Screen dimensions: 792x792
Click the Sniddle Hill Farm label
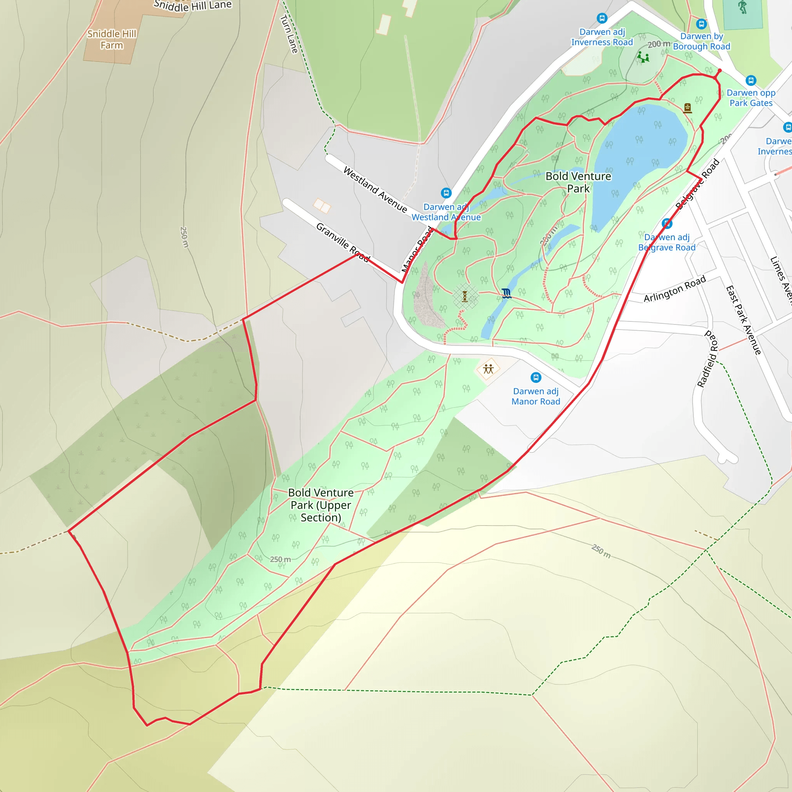[x=111, y=39]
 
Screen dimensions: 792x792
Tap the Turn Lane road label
[x=288, y=34]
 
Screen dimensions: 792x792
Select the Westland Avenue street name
[x=375, y=189]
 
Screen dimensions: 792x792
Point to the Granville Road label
[x=343, y=242]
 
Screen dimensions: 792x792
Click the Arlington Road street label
[x=674, y=288]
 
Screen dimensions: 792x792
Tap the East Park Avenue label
[x=743, y=320]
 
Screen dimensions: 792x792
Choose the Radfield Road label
[x=708, y=359]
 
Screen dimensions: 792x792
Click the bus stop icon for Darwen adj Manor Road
[x=536, y=377]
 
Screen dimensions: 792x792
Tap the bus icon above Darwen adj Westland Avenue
[x=446, y=193]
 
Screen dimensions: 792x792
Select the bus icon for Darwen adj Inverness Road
[x=602, y=18]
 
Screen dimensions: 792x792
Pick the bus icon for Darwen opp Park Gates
[x=751, y=80]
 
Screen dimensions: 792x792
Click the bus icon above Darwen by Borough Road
[x=702, y=24]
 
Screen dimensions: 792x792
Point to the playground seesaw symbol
[x=643, y=57]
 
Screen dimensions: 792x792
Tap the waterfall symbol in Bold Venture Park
[x=507, y=293]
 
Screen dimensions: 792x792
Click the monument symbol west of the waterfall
[x=465, y=296]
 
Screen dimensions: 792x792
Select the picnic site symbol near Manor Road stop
[x=488, y=369]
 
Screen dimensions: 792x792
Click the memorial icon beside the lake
[x=688, y=108]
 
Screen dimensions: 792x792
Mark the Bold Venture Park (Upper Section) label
[x=321, y=505]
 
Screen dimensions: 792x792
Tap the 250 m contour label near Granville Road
[x=184, y=237]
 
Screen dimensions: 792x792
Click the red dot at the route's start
[x=719, y=71]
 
